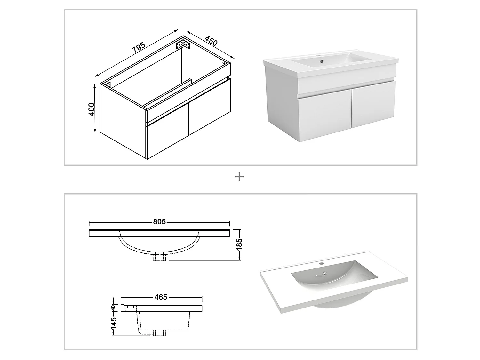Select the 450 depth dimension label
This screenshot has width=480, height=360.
pos(211,42)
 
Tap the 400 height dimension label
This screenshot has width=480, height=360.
pos(92,109)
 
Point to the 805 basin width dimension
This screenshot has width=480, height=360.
pos(159,221)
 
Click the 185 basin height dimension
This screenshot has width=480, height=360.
pos(239,244)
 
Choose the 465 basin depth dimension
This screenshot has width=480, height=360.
pos(161,297)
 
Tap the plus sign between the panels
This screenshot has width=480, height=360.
pos(239,177)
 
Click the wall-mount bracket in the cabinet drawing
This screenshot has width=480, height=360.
pos(183,44)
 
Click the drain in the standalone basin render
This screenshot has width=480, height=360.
pos(325,273)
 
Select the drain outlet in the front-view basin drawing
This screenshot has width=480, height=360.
pos(159,257)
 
